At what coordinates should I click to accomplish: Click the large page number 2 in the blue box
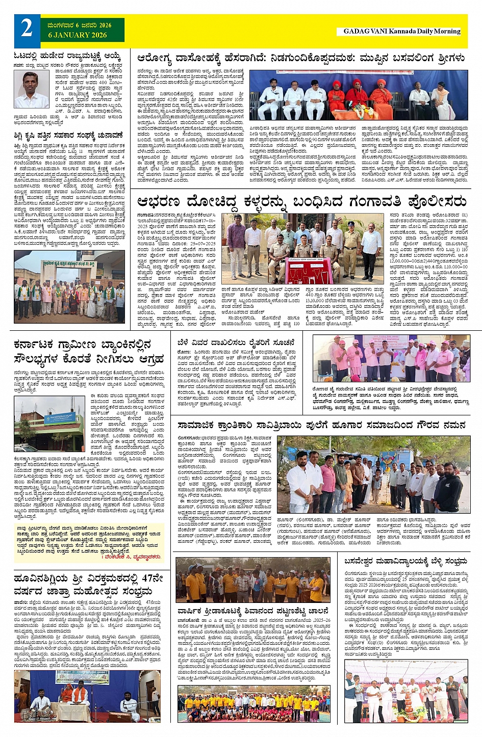[x=27, y=28]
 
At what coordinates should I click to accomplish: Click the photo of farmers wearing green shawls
[x=69, y=287]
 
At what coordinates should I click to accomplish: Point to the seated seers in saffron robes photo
[x=358, y=95]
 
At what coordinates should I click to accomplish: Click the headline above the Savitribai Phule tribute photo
[x=321, y=425]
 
